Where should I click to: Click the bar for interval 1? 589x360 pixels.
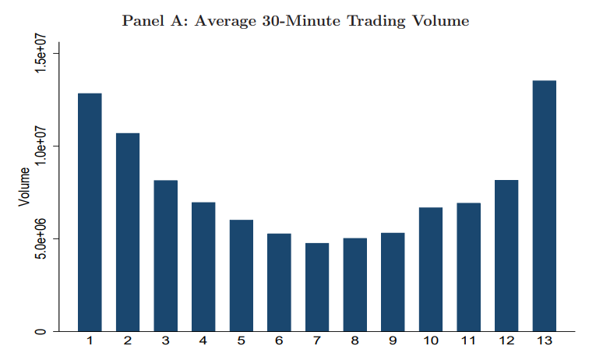coord(90,212)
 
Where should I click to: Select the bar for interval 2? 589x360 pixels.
coord(128,232)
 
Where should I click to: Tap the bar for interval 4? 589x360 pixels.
coord(203,266)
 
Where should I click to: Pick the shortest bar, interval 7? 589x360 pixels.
coord(317,287)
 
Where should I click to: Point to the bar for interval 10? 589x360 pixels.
coord(431,269)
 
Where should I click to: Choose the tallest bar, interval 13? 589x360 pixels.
coord(544,206)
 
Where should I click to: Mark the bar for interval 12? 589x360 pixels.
coord(506,256)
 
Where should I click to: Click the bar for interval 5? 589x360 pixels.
coord(242,275)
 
